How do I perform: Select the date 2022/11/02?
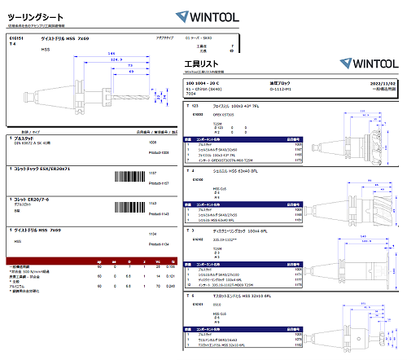382,84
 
